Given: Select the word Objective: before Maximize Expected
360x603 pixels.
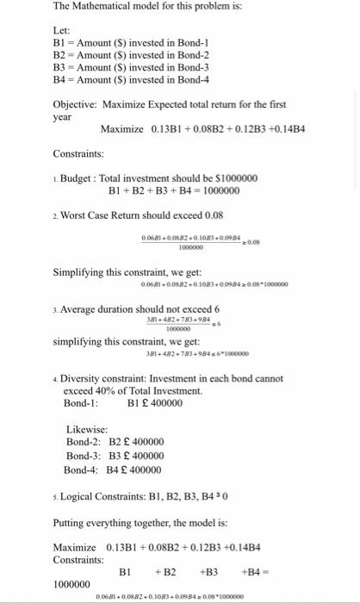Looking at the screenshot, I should click(x=75, y=105).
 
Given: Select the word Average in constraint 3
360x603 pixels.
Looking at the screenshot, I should click(x=80, y=308).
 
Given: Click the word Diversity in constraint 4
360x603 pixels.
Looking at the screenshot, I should click(x=83, y=379).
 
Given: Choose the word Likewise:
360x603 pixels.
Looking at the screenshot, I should click(x=87, y=429).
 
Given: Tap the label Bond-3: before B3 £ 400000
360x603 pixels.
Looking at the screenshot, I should click(x=84, y=456).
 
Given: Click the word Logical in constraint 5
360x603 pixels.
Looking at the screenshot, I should click(x=78, y=496).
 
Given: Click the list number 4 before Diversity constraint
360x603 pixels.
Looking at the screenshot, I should click(x=54, y=380).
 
